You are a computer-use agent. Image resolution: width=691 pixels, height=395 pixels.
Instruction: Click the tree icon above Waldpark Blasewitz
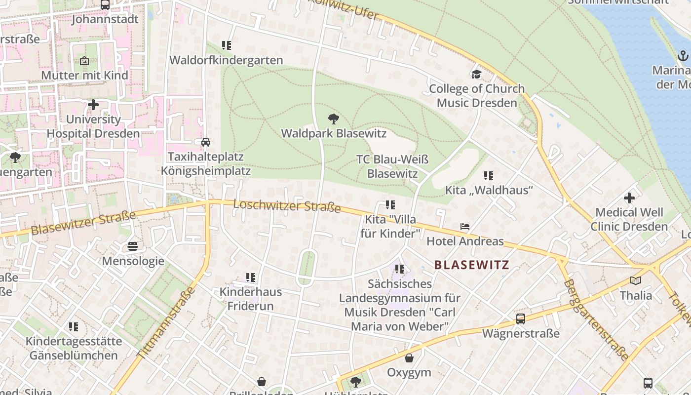[334, 118]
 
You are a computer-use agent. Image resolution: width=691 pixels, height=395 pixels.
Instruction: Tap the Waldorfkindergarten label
[226, 60]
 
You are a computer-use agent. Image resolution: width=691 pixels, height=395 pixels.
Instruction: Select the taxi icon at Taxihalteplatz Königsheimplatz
[206, 142]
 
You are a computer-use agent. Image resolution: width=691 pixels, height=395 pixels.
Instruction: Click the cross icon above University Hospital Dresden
[93, 105]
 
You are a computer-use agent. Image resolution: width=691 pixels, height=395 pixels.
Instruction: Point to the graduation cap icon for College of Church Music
[476, 75]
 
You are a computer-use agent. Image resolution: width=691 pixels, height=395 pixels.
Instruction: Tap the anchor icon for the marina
[683, 56]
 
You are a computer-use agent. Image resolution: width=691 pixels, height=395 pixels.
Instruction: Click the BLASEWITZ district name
[471, 265]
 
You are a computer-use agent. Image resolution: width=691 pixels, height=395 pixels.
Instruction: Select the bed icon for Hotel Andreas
[465, 227]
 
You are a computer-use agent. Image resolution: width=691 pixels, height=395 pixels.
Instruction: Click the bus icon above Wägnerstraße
[521, 319]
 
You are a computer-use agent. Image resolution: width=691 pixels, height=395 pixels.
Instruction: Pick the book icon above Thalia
[636, 281]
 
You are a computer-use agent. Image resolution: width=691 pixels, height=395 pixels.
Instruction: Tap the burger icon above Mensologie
[133, 246]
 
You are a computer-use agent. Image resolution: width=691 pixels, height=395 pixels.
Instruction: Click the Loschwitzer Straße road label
[287, 205]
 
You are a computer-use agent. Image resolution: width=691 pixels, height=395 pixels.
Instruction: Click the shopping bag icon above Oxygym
[409, 358]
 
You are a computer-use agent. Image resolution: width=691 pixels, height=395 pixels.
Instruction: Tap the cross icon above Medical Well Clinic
[629, 198]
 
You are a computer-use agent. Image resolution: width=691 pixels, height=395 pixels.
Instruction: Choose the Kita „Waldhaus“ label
[489, 190]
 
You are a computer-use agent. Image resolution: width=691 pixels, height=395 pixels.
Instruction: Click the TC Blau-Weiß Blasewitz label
[392, 166]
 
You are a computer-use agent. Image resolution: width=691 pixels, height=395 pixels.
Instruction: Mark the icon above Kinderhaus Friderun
[251, 277]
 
